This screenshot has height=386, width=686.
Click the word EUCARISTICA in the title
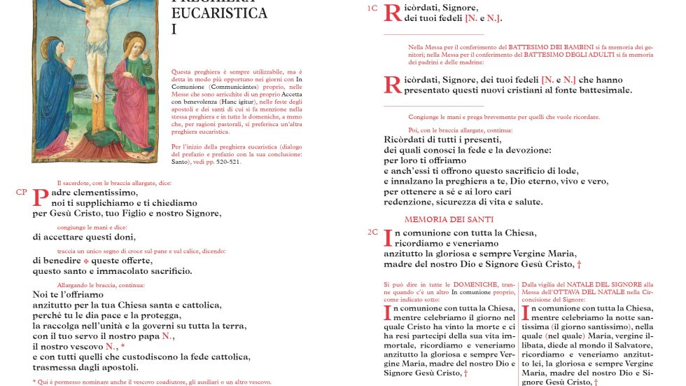(x=219, y=13)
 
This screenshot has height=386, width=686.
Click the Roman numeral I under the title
(x=174, y=29)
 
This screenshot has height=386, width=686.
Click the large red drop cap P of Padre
(x=41, y=198)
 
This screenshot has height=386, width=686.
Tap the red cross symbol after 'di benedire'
(x=87, y=261)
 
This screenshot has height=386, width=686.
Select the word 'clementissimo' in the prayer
(x=105, y=193)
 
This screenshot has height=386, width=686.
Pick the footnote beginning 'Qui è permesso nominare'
(x=152, y=382)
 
